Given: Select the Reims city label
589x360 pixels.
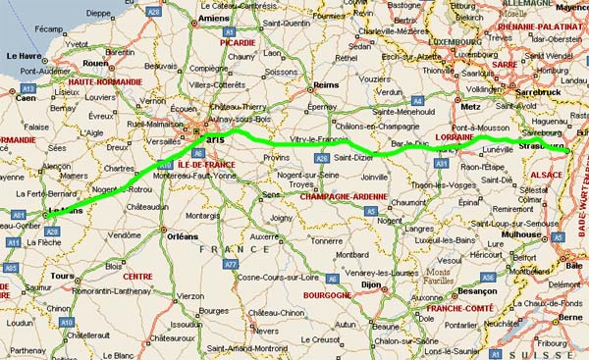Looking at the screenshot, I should [326, 85].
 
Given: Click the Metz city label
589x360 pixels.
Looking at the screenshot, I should [473, 106].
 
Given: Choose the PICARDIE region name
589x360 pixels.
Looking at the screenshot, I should [240, 43].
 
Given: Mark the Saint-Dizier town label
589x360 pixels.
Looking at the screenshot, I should [354, 156].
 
